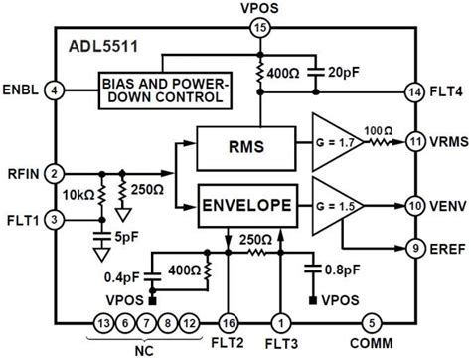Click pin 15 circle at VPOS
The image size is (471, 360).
[x=261, y=31]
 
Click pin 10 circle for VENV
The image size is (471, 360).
[x=413, y=206]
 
